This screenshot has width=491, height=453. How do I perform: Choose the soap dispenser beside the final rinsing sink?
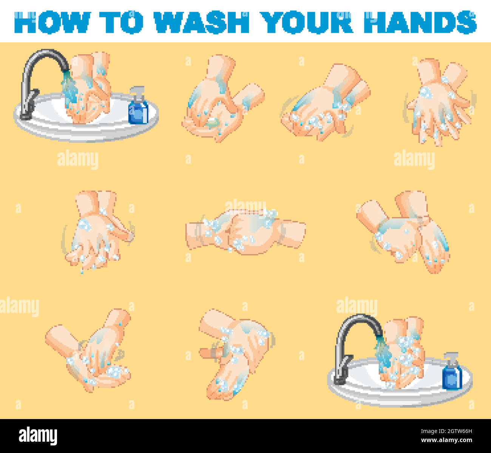(x=452, y=372)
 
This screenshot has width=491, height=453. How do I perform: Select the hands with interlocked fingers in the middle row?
(x=246, y=230)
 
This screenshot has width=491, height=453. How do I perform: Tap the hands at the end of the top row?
(x=438, y=102)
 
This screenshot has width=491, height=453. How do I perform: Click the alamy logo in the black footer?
(x=38, y=436)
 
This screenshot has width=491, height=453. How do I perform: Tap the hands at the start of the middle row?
(x=98, y=230)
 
